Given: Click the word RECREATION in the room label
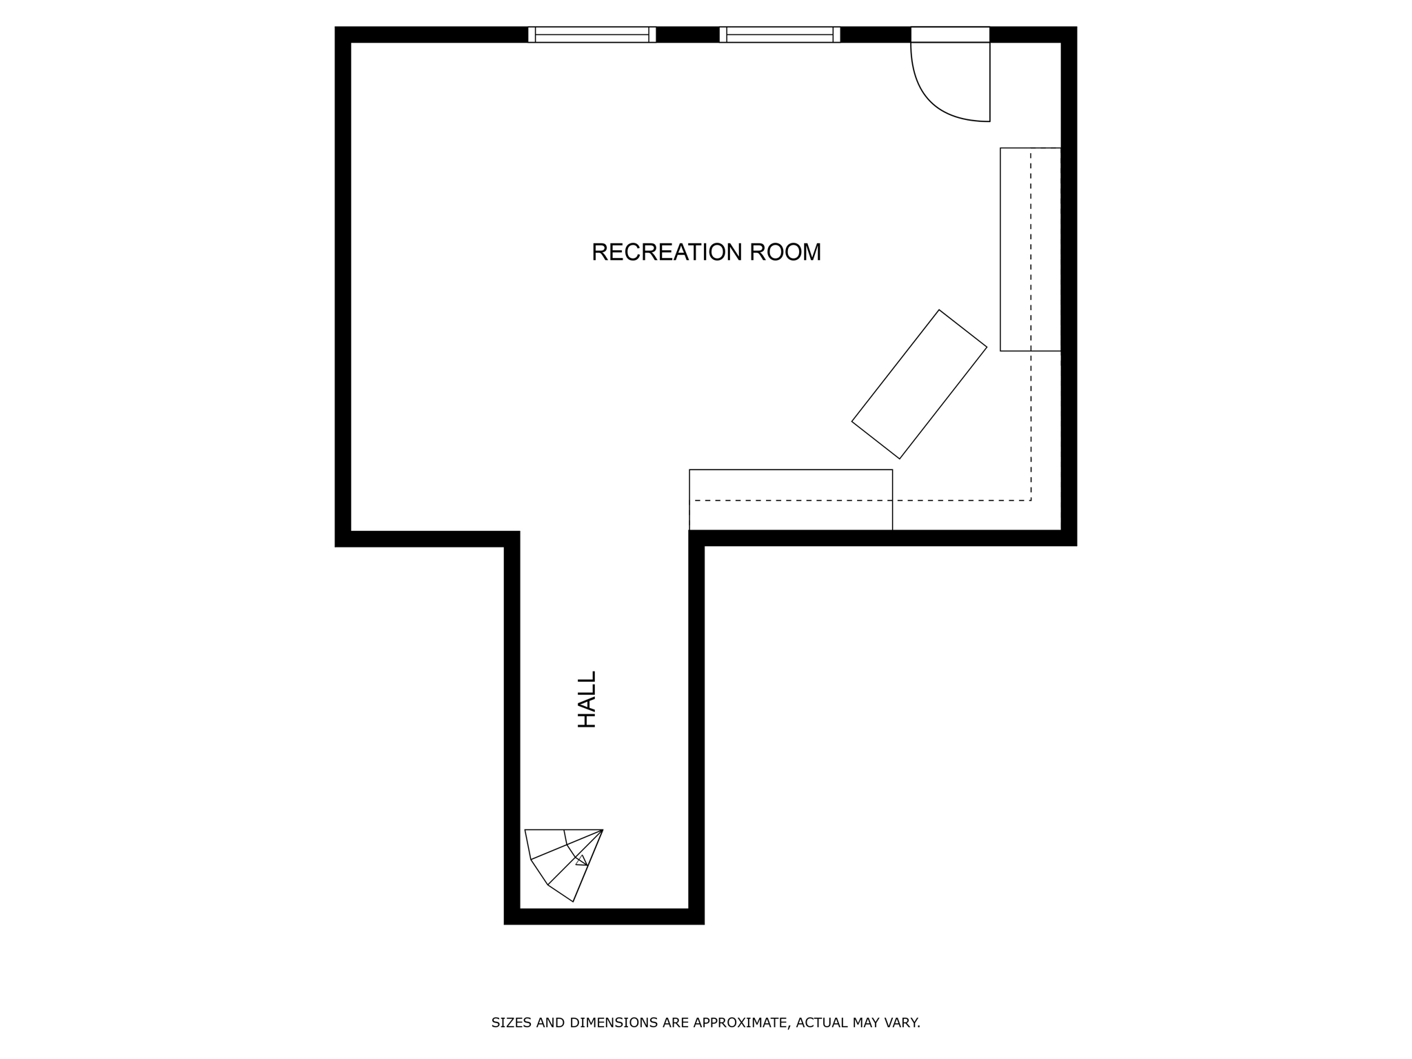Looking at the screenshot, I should [x=666, y=252].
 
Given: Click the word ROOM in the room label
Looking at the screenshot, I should [x=785, y=252].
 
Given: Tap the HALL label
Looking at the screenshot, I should [x=587, y=699].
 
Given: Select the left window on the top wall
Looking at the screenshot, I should [x=592, y=34].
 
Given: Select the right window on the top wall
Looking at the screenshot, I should [x=780, y=34].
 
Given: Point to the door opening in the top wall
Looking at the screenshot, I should [x=950, y=34].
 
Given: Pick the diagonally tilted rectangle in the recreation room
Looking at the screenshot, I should [x=919, y=384].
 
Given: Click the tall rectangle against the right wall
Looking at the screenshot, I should [x=1030, y=249].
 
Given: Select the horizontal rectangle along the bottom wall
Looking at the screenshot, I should [x=790, y=500].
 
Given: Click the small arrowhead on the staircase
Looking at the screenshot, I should [x=582, y=860].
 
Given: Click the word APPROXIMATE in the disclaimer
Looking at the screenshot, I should [x=740, y=1022].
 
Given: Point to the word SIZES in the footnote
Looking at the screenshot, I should [x=512, y=1022].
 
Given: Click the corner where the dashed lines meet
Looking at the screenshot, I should [x=1031, y=501].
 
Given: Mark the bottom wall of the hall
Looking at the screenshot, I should [x=604, y=916].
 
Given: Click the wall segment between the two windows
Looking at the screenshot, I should [x=687, y=34].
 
